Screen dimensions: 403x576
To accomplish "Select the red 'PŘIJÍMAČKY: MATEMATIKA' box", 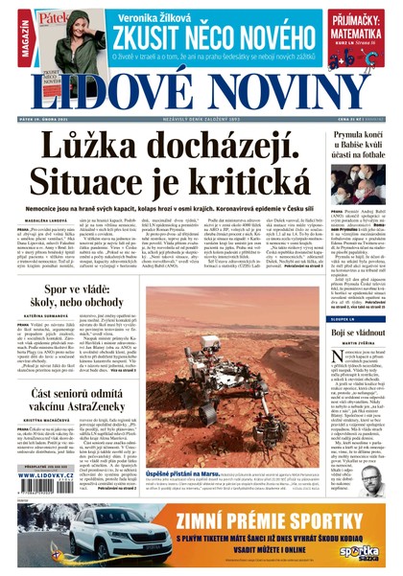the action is pos(361,38).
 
